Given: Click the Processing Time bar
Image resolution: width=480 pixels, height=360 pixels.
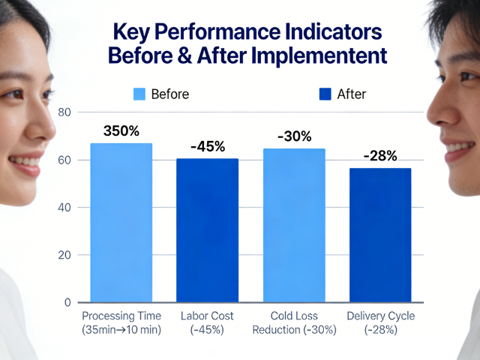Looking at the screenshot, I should (x=121, y=223).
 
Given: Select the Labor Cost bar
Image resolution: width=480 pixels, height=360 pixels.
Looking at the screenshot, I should (x=207, y=230).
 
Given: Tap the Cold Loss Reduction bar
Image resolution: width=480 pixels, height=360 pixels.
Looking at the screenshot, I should (x=294, y=225).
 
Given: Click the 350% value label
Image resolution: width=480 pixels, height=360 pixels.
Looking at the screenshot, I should (x=121, y=130).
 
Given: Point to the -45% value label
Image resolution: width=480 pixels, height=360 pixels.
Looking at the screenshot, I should (x=208, y=146).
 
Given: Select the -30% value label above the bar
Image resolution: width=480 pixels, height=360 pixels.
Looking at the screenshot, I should (x=295, y=136).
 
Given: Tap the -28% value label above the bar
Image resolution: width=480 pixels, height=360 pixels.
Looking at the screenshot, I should (x=380, y=156).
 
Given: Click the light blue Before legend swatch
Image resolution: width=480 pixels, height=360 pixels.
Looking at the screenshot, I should (x=139, y=94).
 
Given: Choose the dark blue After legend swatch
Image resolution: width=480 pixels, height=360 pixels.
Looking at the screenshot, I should (x=325, y=94).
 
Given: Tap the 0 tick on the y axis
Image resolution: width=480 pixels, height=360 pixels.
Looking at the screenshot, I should (x=67, y=302).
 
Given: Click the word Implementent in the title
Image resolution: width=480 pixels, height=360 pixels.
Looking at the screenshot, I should (x=318, y=56).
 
